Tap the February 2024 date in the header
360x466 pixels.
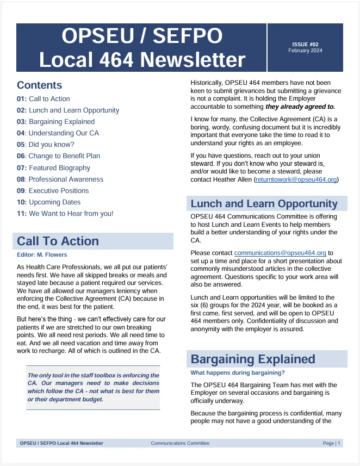(x=305, y=51)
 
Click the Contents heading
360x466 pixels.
(x=39, y=85)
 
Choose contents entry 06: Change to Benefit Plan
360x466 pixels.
(x=58, y=156)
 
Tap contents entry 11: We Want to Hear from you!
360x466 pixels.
(x=65, y=214)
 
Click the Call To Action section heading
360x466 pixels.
(x=58, y=241)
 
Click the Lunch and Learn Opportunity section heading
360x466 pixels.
(x=264, y=204)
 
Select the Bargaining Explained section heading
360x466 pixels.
(x=253, y=359)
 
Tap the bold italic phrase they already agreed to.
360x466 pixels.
(x=300, y=107)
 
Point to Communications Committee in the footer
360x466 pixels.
(x=180, y=443)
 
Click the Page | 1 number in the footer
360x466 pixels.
(x=331, y=443)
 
